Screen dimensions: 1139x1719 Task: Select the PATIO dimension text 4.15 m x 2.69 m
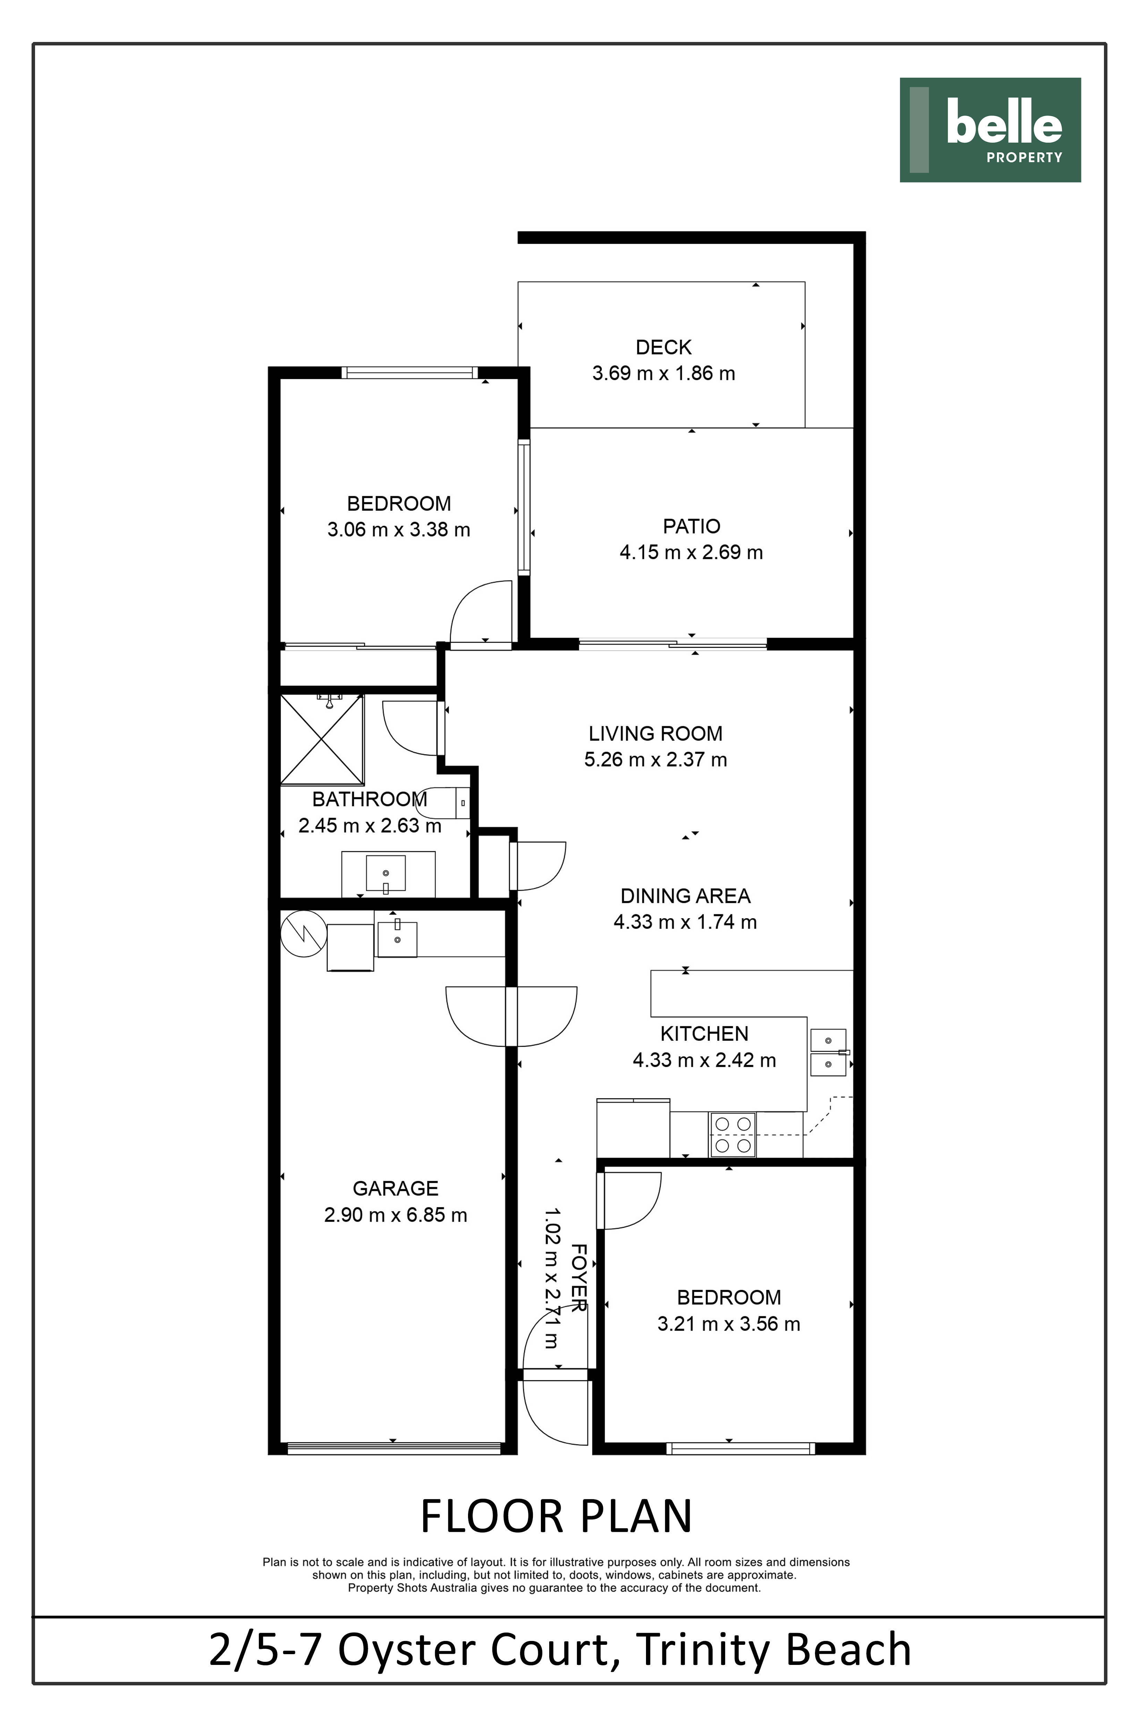691,552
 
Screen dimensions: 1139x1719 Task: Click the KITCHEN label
704,1034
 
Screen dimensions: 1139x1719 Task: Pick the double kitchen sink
828,1052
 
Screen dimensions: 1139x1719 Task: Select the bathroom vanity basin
386,875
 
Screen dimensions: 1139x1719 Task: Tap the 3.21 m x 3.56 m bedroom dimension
729,1324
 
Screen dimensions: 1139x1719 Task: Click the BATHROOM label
370,799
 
